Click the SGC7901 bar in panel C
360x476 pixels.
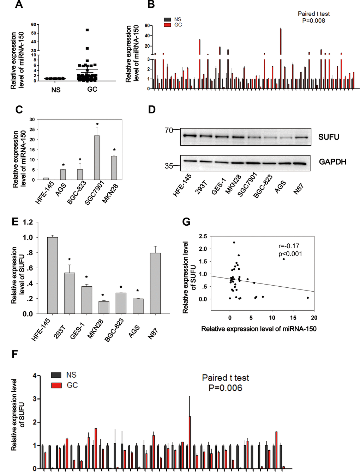tap(97, 158)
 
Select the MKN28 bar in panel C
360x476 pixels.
tap(114, 168)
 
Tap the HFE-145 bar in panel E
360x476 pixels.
tap(52, 275)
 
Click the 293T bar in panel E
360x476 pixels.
tap(70, 293)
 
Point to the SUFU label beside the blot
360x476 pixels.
tap(329, 137)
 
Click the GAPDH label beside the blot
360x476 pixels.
tap(332, 162)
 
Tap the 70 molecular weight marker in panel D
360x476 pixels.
tap(169, 130)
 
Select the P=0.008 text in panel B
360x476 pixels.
tap(313, 21)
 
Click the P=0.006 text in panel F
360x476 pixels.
tap(225, 388)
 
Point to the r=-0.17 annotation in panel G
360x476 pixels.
tap(289, 246)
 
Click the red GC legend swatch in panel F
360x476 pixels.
tap(56, 385)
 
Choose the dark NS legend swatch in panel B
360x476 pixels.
tap(167, 19)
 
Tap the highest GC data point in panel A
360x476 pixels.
tap(87, 30)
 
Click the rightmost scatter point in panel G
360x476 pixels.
tap(308, 298)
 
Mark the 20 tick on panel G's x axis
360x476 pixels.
tap(314, 318)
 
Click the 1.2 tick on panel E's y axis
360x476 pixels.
tap(28, 222)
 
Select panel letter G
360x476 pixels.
tap(186, 222)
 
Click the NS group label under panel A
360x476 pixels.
tap(56, 90)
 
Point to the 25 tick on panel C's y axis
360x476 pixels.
tap(32, 129)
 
